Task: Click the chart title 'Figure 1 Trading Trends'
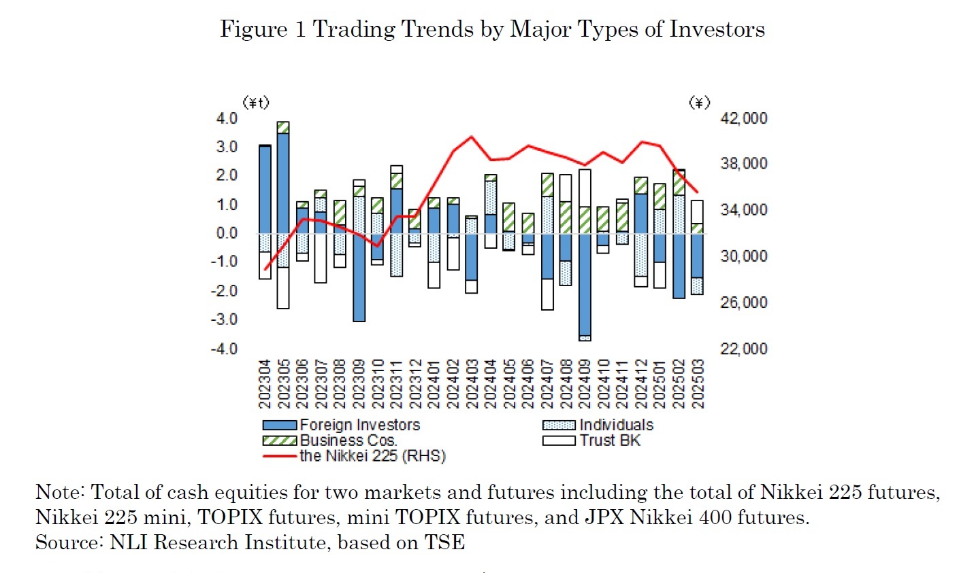pos(492,29)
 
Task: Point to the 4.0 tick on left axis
pos(227,118)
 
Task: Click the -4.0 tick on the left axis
pos(225,349)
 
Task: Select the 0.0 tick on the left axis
pos(227,233)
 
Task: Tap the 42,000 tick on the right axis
pos(743,118)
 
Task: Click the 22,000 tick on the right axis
pos(743,349)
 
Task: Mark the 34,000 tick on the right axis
pos(743,210)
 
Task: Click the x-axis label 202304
pos(265,384)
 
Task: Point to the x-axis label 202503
pos(698,384)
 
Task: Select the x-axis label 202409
pos(585,384)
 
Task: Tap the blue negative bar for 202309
pos(359,277)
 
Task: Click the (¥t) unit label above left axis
pos(256,103)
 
